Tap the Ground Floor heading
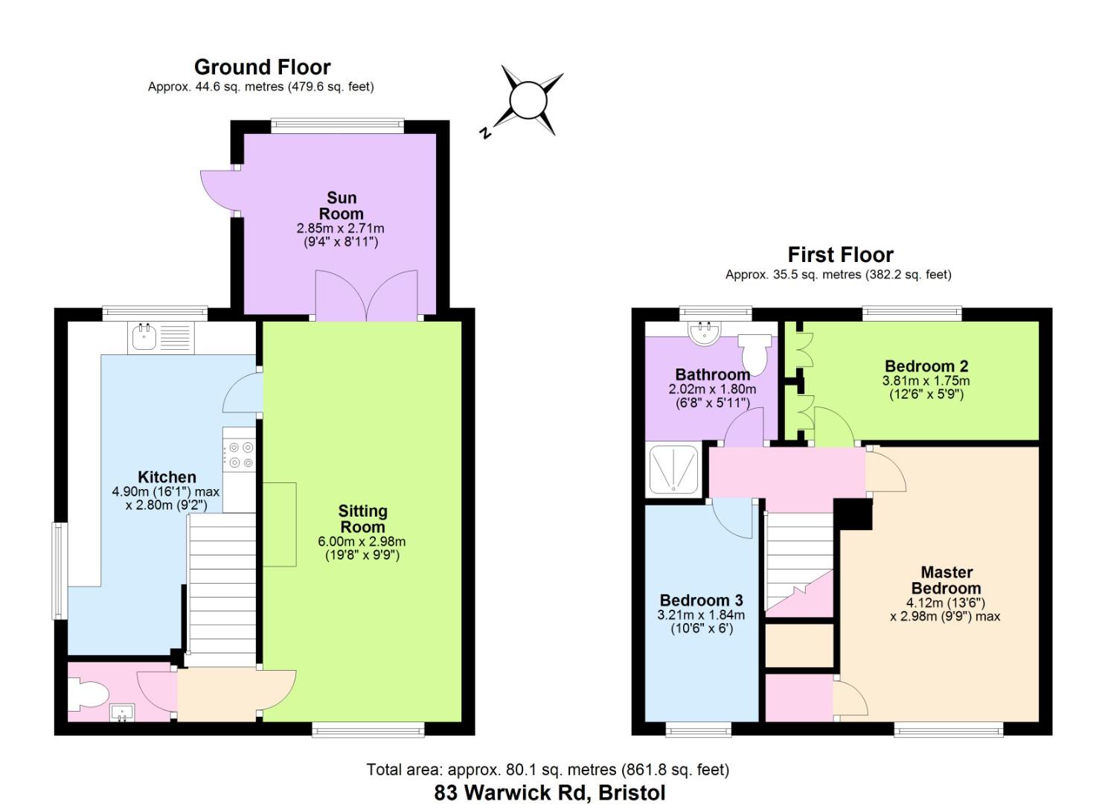click(262, 67)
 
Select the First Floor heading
click(840, 255)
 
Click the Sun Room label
click(342, 205)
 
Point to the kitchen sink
click(143, 337)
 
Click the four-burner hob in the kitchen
click(239, 455)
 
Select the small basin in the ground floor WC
click(121, 713)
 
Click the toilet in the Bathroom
click(753, 352)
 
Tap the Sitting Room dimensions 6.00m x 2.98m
click(362, 541)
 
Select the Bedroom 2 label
click(926, 366)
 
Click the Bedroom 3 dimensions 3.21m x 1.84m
click(700, 615)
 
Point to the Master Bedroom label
click(946, 580)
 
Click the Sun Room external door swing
click(218, 191)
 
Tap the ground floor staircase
click(221, 588)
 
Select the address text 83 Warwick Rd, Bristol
click(549, 793)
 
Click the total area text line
click(547, 770)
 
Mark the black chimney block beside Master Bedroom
click(853, 514)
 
